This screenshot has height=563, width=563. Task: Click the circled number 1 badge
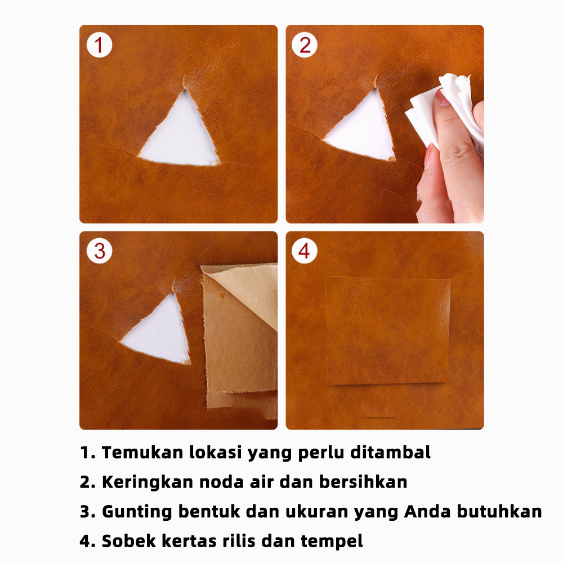click(100, 45)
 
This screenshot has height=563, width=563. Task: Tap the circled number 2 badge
click(305, 45)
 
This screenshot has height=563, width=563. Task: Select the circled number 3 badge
click(100, 251)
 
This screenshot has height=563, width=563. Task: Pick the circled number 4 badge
click(305, 251)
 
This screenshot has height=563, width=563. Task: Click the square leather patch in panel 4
click(388, 330)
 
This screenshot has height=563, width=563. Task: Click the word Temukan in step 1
click(142, 452)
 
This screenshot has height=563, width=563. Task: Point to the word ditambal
click(390, 452)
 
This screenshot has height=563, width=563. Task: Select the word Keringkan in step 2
click(148, 482)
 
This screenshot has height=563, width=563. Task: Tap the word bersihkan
click(363, 482)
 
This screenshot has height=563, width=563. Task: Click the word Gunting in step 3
click(137, 512)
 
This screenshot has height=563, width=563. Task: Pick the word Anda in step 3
click(427, 511)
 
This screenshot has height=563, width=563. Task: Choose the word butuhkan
click(499, 511)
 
